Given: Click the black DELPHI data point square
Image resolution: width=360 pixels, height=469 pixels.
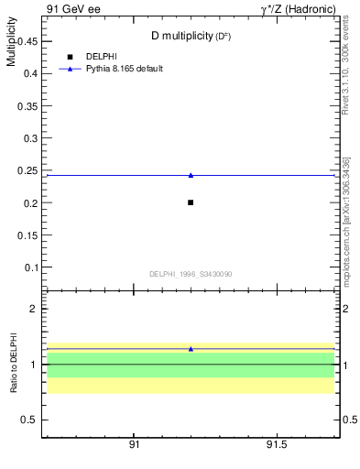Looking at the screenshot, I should (x=191, y=202).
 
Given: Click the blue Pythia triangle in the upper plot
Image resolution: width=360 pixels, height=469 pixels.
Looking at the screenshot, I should (x=191, y=175).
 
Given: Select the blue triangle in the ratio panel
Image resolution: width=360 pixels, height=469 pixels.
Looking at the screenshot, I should (x=191, y=349).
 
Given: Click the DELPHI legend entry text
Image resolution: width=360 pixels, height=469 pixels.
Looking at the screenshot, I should (x=101, y=57).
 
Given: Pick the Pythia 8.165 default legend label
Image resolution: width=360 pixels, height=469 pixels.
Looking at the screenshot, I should (x=124, y=69).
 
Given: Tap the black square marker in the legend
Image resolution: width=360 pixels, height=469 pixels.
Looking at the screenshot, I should (x=70, y=57).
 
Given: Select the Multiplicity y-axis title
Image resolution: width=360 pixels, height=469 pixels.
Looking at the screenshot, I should (x=11, y=46).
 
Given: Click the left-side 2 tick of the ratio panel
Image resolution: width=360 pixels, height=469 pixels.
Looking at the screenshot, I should (x=32, y=309).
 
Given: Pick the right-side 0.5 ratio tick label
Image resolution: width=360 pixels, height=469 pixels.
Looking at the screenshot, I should (x=350, y=420).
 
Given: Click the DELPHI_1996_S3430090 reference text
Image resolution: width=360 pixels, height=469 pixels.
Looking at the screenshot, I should (x=190, y=274).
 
